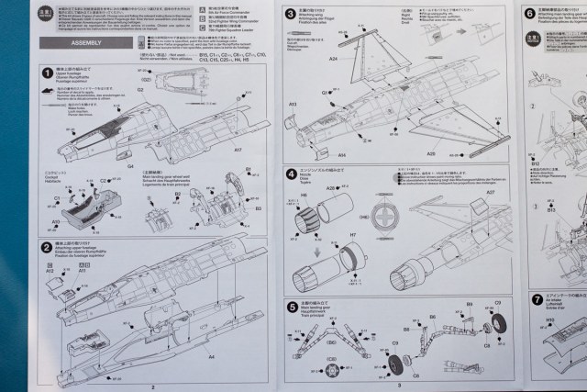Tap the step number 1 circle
point(47,72)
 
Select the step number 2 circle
point(47,246)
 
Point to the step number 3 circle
point(291,14)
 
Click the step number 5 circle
point(291,307)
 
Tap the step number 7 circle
point(537,299)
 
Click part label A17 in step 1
point(237,150)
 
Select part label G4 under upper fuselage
point(130,167)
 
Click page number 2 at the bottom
point(153,386)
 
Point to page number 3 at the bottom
point(400,386)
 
